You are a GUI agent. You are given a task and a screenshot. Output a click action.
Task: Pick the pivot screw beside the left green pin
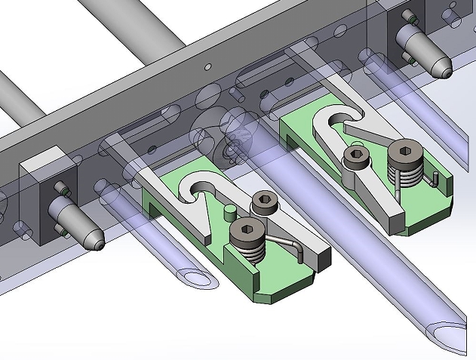[263, 202]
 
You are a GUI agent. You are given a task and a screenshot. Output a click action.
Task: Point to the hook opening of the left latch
[199, 186]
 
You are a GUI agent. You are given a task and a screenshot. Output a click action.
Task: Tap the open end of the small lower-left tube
[195, 276]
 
